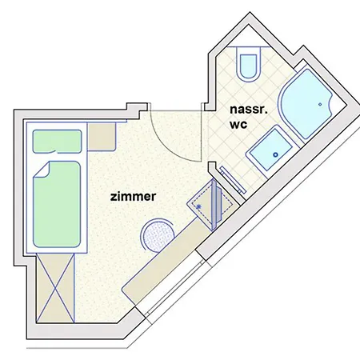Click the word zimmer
tap(132, 194)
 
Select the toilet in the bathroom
tap(249, 64)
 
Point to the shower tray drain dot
tap(323, 102)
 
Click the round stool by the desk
tap(158, 237)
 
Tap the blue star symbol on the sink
tap(198, 206)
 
